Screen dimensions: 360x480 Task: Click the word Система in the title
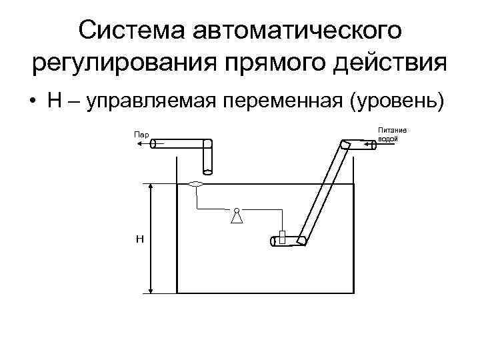pyautogui.click(x=133, y=31)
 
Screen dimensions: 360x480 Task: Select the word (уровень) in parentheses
pyautogui.click(x=397, y=101)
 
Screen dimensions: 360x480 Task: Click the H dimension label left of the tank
pyautogui.click(x=139, y=239)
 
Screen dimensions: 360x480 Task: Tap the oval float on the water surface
pyautogui.click(x=197, y=184)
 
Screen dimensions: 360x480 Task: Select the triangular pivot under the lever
pyautogui.click(x=236, y=216)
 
